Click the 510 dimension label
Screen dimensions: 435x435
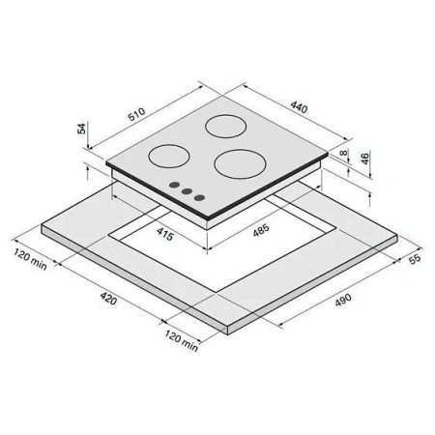137,114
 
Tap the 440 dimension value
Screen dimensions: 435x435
299,107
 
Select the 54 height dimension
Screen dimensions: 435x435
81,129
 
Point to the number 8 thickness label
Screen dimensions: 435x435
344,153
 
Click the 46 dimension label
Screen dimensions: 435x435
364,159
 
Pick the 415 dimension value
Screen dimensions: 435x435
165,234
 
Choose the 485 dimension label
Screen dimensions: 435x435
261,230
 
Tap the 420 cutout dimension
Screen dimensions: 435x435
108,298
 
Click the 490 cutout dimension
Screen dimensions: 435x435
343,300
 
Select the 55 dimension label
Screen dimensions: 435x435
415,259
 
